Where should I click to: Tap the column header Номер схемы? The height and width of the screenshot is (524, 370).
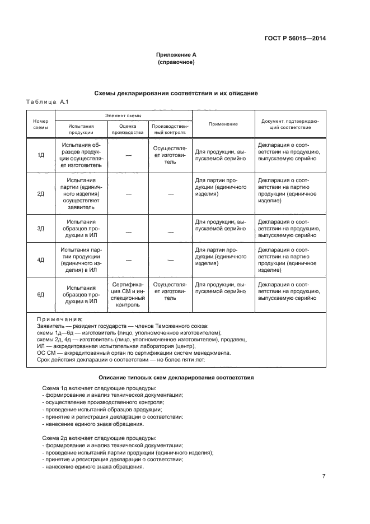[x=41, y=124]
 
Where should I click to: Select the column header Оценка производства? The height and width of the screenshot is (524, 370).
[x=128, y=129]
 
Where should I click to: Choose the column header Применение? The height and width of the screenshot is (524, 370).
[x=223, y=124]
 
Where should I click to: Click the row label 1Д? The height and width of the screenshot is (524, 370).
[x=41, y=155]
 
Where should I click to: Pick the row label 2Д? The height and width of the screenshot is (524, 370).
[x=41, y=193]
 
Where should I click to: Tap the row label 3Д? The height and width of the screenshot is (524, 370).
[x=41, y=229]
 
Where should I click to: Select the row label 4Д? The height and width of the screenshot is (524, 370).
[x=41, y=260]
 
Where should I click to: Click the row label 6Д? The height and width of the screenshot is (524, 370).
[x=41, y=294]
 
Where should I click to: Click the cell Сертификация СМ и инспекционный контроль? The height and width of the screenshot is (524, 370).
[x=128, y=295]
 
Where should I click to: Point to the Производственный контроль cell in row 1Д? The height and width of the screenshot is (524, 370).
[x=170, y=155]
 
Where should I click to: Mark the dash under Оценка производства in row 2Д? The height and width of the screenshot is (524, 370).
[x=128, y=194]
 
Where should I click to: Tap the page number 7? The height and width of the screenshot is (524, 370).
[x=324, y=476]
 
